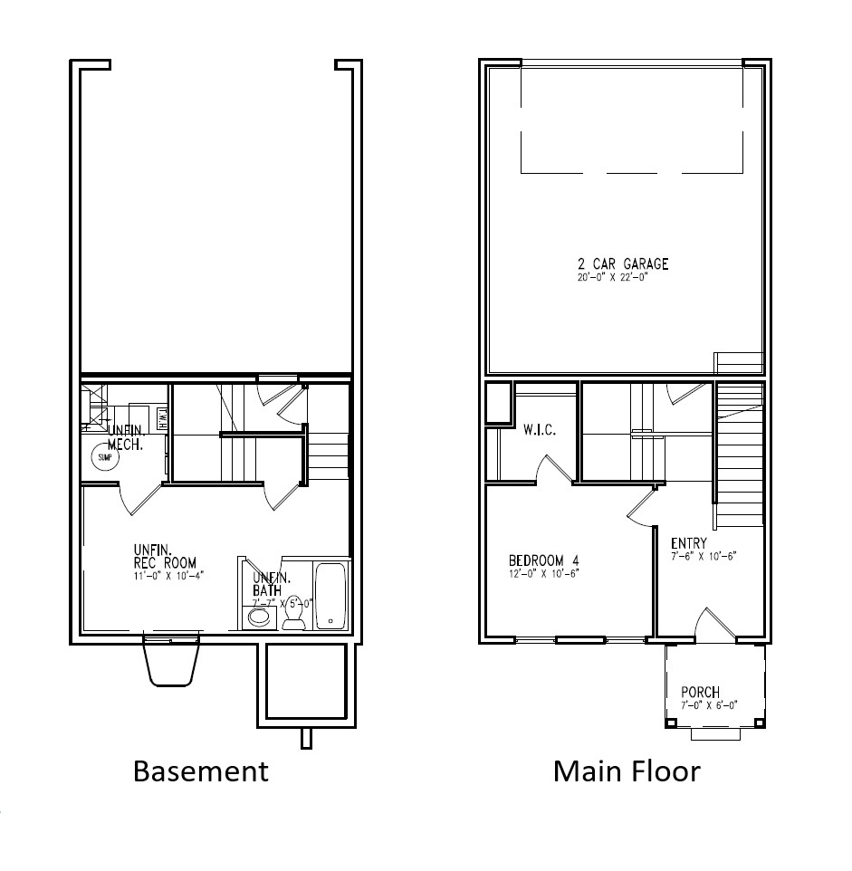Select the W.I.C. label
tap(539, 430)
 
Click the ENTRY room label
tap(689, 543)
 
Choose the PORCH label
tap(700, 693)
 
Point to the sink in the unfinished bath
tap(260, 617)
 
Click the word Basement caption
tap(200, 770)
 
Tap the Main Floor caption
tap(627, 770)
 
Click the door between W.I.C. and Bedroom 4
tap(551, 468)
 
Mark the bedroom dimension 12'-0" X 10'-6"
tap(543, 572)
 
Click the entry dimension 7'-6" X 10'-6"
tap(704, 556)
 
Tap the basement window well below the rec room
tap(171, 664)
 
